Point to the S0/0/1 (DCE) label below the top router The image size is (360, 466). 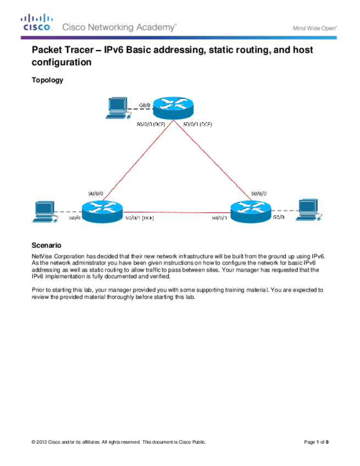[x=197, y=124]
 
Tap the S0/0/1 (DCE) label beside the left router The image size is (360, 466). [x=140, y=218]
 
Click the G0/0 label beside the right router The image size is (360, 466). [x=279, y=218]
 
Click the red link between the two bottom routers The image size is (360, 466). [x=176, y=212]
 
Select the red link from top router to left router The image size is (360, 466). [x=132, y=159]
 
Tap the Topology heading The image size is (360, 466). [x=48, y=80]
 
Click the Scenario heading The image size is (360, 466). [x=47, y=245]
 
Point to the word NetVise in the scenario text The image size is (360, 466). [x=42, y=256]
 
